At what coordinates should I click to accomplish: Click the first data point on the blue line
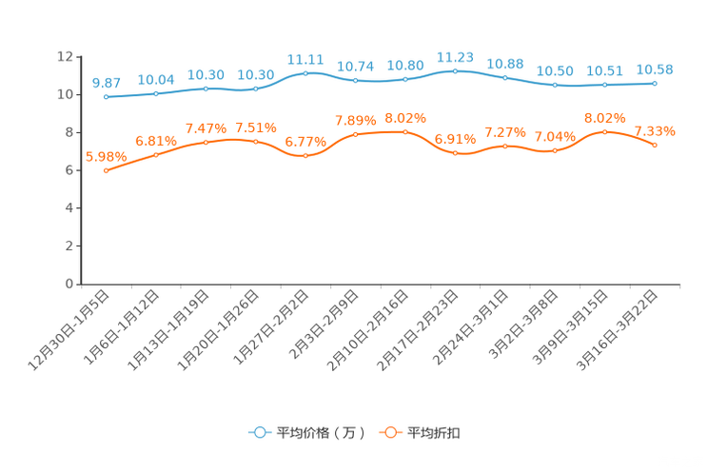click(106, 96)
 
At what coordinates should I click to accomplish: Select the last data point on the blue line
click(655, 84)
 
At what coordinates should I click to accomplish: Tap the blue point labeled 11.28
click(455, 71)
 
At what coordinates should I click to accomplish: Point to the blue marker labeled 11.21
click(305, 73)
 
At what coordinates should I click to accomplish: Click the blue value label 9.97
click(106, 82)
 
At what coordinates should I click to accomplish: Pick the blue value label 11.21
click(305, 59)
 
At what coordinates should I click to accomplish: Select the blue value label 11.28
click(455, 57)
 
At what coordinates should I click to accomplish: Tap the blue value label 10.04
click(155, 79)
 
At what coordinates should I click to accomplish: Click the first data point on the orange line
click(106, 171)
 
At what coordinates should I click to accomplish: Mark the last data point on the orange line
click(655, 146)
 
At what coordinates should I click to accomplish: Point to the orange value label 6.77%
click(305, 143)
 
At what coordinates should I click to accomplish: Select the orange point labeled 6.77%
click(305, 156)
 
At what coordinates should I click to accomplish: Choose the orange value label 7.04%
click(555, 137)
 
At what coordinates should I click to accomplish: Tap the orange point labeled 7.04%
click(555, 150)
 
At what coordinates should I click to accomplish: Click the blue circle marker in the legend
click(259, 432)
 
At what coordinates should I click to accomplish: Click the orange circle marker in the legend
click(389, 432)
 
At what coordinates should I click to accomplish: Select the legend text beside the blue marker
click(321, 433)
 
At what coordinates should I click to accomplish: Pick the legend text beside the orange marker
click(435, 433)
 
